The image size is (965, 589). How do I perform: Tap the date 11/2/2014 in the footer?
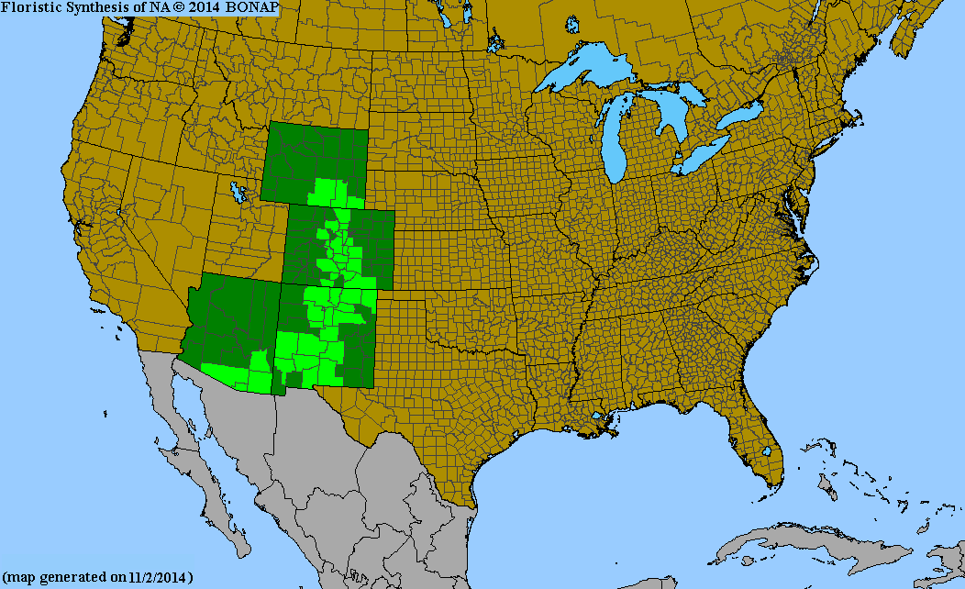click(156, 578)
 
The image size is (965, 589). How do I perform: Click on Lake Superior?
click(587, 73)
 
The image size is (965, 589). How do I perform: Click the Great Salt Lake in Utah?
click(239, 194)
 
